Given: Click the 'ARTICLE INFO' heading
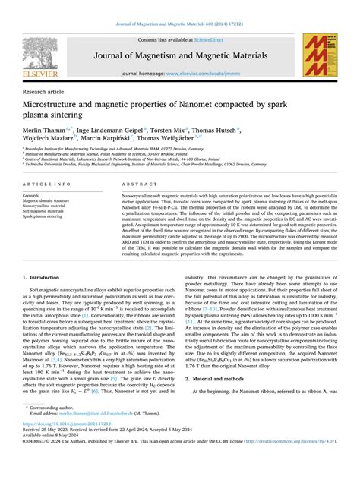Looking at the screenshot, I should click(48, 184).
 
